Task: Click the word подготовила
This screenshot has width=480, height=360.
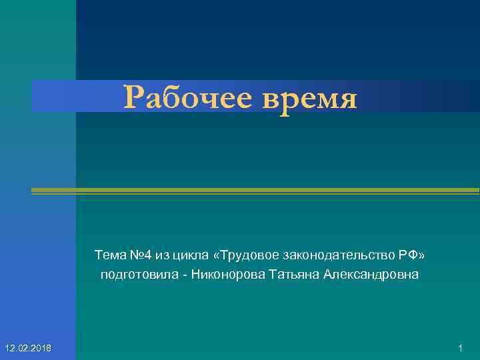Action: [135, 275]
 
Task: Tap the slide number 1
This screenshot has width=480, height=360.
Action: [461, 349]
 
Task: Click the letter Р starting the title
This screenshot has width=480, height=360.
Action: [133, 99]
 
